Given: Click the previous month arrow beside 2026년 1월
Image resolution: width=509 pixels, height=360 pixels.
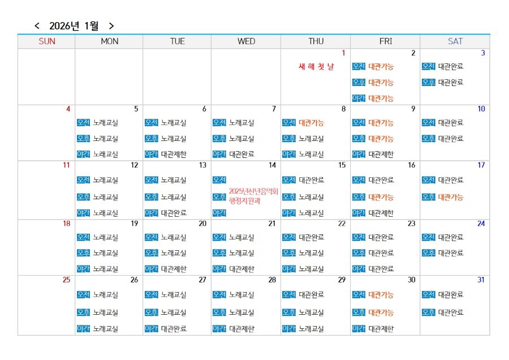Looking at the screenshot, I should (x=37, y=26).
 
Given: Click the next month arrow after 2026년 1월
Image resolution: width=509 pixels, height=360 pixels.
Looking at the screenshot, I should (x=111, y=26).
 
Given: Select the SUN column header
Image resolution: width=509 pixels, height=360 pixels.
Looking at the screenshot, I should (x=46, y=41).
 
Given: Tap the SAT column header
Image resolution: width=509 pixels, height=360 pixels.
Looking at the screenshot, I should (x=455, y=41).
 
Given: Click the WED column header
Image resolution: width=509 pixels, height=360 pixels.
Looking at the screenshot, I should (x=246, y=41).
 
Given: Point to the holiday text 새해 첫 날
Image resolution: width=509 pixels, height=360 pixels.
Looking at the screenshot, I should (x=316, y=67).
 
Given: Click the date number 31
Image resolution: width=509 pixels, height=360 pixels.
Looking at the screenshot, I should (x=481, y=280).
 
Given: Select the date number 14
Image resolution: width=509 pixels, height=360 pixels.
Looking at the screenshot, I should (x=272, y=165).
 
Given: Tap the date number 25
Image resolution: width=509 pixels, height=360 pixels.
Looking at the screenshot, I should (x=66, y=280).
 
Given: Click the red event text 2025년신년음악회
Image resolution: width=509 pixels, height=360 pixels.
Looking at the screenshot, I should (x=253, y=191).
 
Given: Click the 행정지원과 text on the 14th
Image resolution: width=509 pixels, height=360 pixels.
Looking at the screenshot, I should (x=244, y=200).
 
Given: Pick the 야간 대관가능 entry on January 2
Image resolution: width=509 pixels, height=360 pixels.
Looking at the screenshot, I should (x=373, y=98).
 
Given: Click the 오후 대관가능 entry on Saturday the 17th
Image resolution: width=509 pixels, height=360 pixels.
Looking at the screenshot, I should (x=443, y=197).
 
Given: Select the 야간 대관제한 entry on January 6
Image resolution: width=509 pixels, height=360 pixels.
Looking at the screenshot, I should (x=165, y=154).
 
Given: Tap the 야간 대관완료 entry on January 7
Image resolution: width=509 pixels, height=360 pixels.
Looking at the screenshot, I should (x=234, y=154).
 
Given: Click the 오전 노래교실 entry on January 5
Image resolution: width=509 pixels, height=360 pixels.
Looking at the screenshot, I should (x=97, y=122).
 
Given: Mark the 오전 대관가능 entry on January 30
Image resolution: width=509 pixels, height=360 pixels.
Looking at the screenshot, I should (x=373, y=295).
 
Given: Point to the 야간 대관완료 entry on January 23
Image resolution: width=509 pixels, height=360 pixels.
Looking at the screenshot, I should (x=373, y=269).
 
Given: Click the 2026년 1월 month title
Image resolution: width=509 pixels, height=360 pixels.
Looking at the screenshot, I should (x=74, y=26).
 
